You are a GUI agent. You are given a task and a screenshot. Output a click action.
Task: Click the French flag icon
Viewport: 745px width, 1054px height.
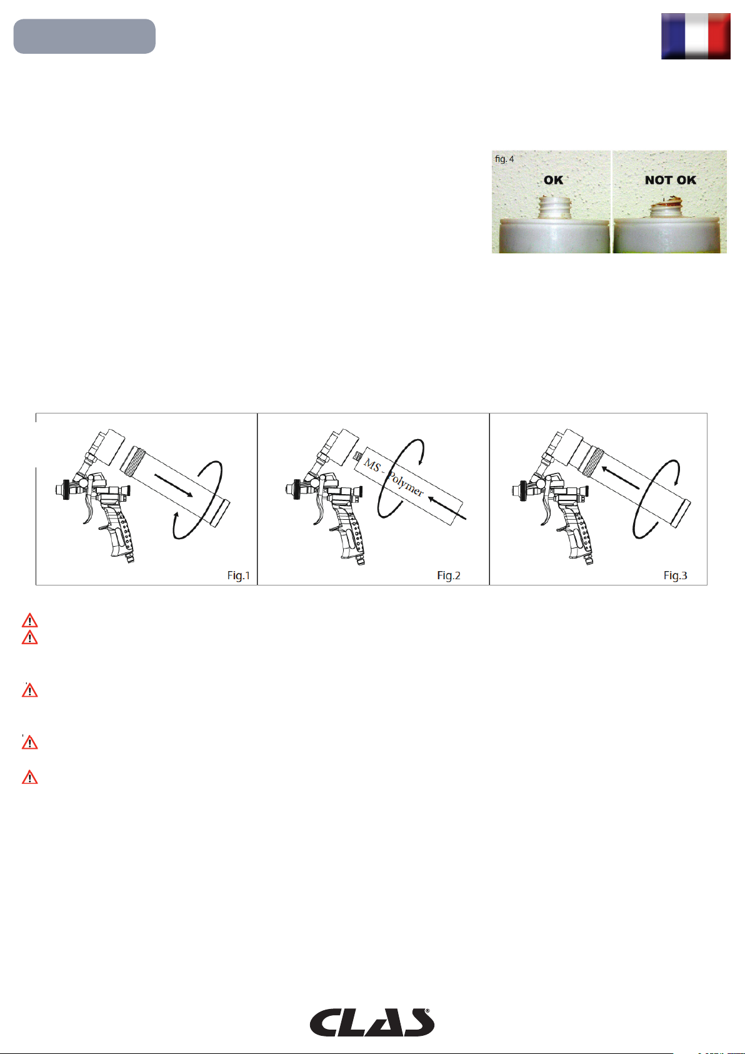point(696,36)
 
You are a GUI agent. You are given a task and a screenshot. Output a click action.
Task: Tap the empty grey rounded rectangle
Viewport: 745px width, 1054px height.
point(84,36)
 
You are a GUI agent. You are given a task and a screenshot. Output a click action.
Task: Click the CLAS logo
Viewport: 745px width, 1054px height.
point(372,1022)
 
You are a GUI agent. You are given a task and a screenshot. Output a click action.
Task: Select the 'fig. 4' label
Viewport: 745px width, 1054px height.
point(504,159)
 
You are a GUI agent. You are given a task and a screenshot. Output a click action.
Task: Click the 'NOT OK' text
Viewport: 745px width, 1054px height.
point(670,180)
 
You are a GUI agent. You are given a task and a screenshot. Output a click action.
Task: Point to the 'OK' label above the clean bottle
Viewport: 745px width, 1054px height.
point(553,180)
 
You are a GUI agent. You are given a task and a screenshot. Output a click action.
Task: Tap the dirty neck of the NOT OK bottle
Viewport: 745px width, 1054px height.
point(668,209)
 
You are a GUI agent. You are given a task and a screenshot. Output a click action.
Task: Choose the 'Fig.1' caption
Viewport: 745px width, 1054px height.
point(239,575)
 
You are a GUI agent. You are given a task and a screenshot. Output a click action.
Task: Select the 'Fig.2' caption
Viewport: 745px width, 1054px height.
point(449,575)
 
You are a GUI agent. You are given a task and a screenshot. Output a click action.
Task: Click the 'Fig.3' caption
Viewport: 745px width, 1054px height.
point(676,575)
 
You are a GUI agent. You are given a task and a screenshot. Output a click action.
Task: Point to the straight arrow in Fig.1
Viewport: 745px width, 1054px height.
point(174,485)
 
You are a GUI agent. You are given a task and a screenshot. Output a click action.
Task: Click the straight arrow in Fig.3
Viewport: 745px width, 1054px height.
point(620,477)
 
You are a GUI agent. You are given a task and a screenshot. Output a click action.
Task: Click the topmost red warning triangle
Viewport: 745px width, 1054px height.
point(29,621)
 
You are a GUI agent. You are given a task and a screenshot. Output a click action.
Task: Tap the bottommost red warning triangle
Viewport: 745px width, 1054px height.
point(29,778)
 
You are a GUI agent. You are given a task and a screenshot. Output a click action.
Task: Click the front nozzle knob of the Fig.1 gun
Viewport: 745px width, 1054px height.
point(66,489)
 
